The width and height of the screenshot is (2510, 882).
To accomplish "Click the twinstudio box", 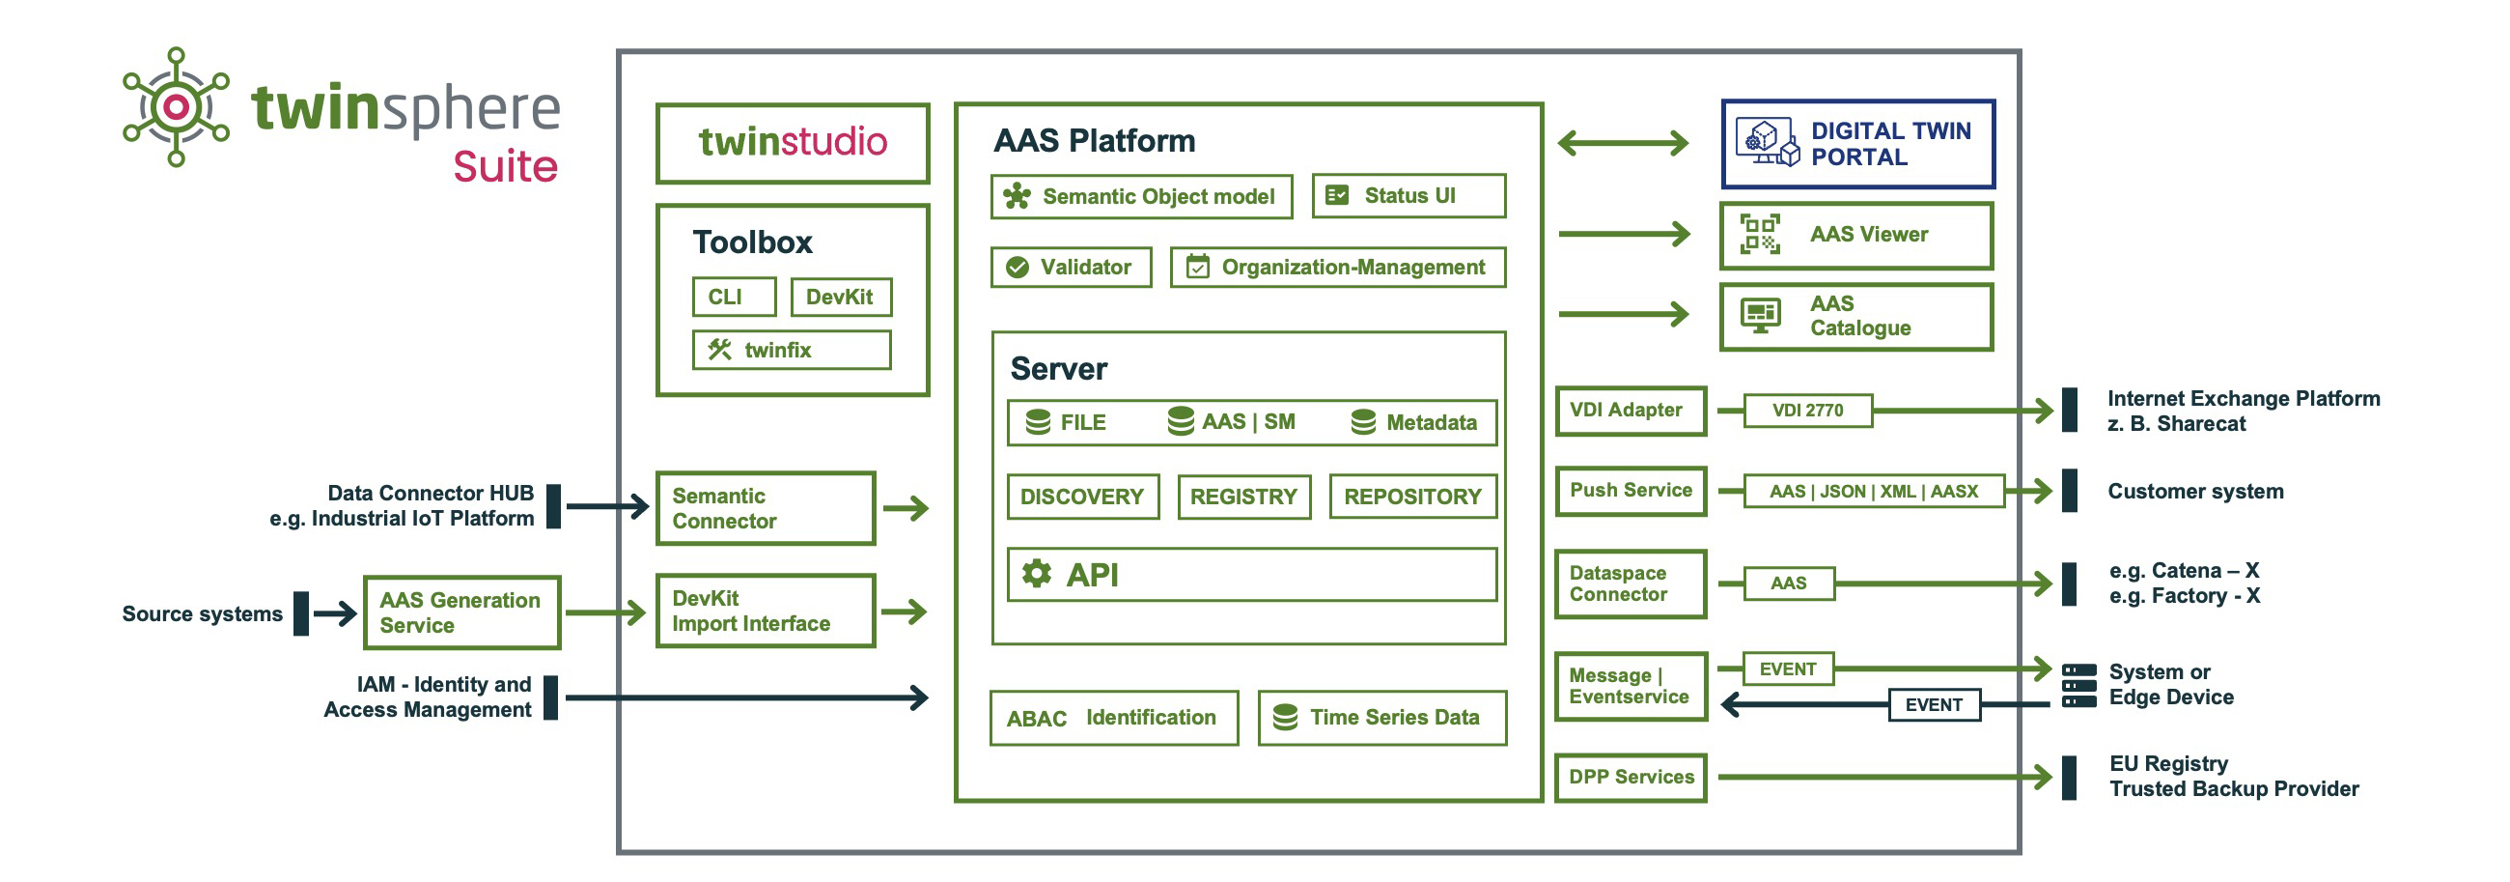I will pos(793,143).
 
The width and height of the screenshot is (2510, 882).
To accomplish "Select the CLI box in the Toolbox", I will pos(734,297).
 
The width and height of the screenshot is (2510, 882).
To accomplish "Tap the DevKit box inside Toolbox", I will pos(840,297).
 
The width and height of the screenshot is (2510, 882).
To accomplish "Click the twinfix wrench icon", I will pos(719,349).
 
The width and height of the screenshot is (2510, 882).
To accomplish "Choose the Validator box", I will pos(1071,267).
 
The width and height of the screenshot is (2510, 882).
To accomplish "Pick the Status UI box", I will pos(1408,196).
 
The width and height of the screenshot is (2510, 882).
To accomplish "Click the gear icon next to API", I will pos(1036,573).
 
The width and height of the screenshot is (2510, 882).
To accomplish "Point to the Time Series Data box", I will pos(1381,718).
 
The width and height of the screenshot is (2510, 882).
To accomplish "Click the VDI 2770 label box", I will pos(1807,411).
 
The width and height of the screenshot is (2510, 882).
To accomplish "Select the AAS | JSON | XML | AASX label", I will pos(1873,491).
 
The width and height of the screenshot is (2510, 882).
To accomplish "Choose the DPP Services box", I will pos(1631,777).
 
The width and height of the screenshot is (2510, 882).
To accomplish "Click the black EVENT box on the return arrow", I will pos(1933,704).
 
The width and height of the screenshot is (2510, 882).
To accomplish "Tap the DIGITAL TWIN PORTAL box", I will pos(1857,144).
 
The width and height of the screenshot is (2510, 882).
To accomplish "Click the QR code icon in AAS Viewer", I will pos(1760,234).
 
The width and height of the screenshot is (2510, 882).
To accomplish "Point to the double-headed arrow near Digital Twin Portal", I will pos(1623,143).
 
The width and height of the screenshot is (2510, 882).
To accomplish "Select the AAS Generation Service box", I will pos(460,612).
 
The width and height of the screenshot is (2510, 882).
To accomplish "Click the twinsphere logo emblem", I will pos(177,106).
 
